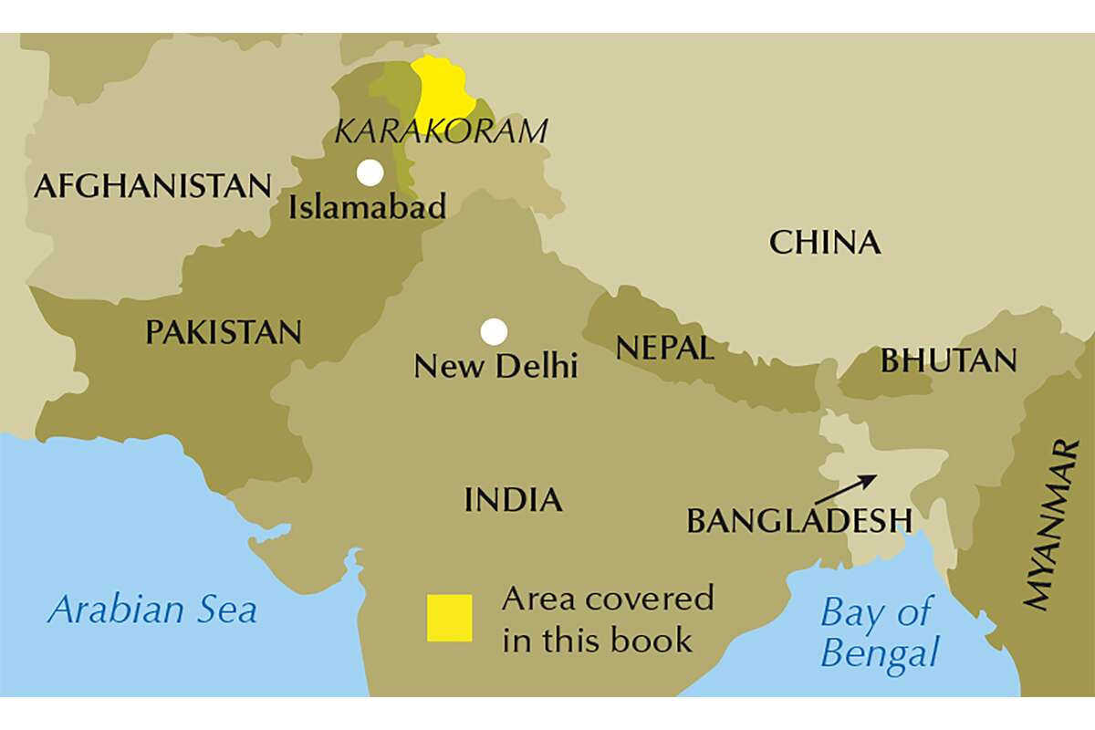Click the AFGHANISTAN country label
pyautogui.click(x=152, y=186)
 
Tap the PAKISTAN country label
pyautogui.click(x=224, y=332)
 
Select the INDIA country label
pyautogui.click(x=513, y=500)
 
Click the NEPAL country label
pyautogui.click(x=664, y=348)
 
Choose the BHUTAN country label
pyautogui.click(x=948, y=361)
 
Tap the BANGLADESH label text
pyautogui.click(x=798, y=521)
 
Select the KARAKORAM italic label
pyautogui.click(x=441, y=131)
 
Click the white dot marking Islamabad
pyautogui.click(x=370, y=172)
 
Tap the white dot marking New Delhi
pyautogui.click(x=494, y=331)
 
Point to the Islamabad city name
pyautogui.click(x=368, y=207)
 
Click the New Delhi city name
pyautogui.click(x=495, y=367)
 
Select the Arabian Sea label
pyautogui.click(x=151, y=610)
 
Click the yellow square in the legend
pyautogui.click(x=450, y=618)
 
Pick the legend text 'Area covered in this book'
pyautogui.click(x=607, y=619)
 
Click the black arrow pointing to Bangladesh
pyautogui.click(x=845, y=489)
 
